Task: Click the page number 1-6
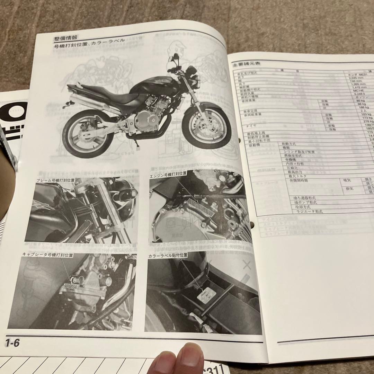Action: (x=12, y=344)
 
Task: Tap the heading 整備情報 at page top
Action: (x=65, y=38)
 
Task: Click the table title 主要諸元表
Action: (x=247, y=64)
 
